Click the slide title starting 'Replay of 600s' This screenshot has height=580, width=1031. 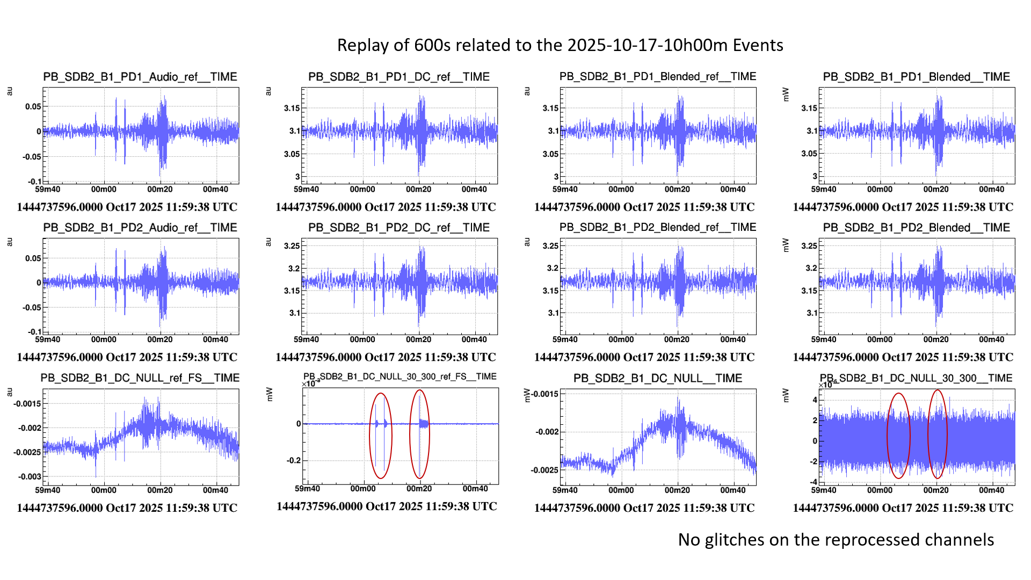pos(560,45)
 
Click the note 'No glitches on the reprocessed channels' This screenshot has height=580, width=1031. pos(836,540)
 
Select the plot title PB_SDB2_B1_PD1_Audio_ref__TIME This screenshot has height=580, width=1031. pos(140,77)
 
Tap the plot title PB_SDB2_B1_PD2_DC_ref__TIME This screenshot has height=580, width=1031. pos(398,228)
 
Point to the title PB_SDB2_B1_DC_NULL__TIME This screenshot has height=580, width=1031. pos(657,378)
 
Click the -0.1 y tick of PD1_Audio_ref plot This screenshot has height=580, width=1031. pos(34,182)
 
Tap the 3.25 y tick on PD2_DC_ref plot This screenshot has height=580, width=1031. pos(292,246)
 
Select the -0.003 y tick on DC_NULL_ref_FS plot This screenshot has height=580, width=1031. pos(30,476)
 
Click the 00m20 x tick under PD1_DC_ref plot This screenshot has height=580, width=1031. pos(418,189)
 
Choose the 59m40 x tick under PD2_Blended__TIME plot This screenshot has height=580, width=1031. pos(824,339)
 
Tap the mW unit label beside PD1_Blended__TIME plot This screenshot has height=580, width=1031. pos(786,95)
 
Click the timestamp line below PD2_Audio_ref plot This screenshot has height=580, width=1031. pos(127,357)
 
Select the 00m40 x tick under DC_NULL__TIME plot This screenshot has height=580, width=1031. pos(732,490)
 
